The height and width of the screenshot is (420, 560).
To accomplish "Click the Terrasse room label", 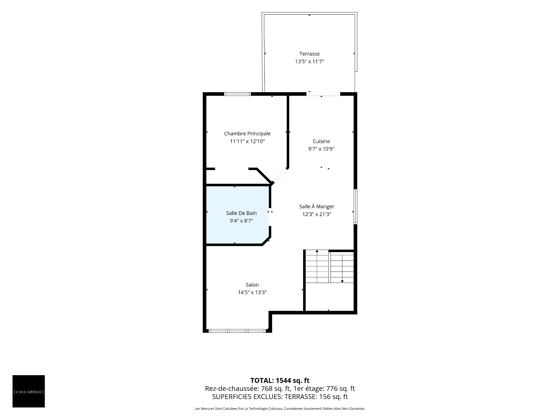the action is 309,54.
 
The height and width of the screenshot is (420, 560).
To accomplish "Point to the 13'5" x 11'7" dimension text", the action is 309,62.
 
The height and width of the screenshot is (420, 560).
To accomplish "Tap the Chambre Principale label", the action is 247,134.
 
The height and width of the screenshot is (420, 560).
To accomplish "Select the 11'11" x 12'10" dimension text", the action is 247,141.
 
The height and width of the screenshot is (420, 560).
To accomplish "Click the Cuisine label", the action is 321,141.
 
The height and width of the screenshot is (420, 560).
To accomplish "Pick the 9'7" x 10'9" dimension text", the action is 321,149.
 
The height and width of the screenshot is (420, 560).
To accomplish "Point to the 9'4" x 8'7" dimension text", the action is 242,221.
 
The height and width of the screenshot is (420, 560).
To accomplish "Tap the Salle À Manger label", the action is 317,206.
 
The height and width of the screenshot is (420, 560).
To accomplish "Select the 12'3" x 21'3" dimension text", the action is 317,214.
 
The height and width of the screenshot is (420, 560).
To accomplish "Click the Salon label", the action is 252,285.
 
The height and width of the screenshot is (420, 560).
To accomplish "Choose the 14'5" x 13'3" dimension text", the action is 252,293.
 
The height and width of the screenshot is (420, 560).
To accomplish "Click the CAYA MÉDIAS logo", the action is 29,391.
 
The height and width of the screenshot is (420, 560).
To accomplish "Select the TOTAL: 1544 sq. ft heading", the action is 280,381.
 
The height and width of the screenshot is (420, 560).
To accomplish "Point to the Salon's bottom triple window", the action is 238,331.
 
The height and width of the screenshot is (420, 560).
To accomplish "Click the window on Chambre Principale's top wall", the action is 237,94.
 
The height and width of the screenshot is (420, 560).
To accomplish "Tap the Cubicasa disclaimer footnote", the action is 280,409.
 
